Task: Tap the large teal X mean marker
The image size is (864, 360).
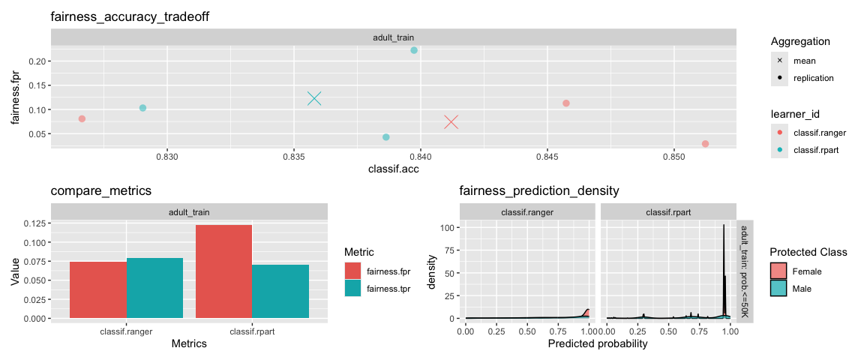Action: [x=314, y=98]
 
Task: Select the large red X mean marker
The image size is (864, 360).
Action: [x=451, y=121]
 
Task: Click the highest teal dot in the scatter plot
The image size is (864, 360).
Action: [x=414, y=50]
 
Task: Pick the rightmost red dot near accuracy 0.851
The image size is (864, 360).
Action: [x=705, y=144]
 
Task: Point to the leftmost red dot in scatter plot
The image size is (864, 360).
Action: [x=82, y=118]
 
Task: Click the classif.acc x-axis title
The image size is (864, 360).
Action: [x=393, y=170]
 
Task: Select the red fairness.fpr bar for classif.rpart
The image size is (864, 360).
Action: [x=223, y=271]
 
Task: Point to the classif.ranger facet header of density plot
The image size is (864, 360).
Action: [x=528, y=212]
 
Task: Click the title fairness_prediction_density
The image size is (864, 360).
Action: [x=538, y=190]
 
